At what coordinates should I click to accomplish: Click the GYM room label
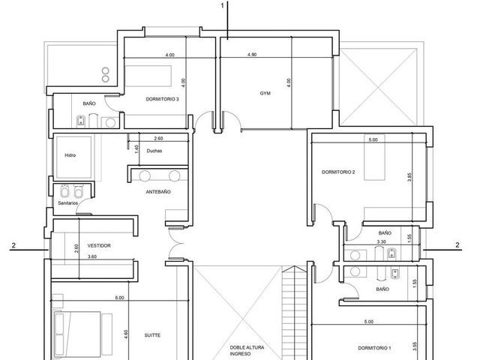[x=265, y=93]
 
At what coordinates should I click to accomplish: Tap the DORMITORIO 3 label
[x=162, y=99]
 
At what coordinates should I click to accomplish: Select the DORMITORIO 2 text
[x=338, y=172]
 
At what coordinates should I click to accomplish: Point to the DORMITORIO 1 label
[x=374, y=348]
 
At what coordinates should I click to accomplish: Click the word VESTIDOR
[x=99, y=246]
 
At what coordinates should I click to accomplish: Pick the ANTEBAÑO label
[x=158, y=192]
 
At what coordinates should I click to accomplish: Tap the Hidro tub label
[x=70, y=155]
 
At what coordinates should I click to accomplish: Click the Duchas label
[x=154, y=151]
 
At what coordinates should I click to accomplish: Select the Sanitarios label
[x=68, y=203]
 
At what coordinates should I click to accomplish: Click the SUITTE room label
[x=152, y=335]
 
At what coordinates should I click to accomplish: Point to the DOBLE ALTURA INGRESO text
[x=247, y=351]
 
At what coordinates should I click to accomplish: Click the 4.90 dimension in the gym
[x=252, y=55]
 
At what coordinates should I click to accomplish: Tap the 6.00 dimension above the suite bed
[x=119, y=298]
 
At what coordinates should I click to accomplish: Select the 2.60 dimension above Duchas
[x=158, y=138]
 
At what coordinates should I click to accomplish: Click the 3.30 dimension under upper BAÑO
[x=381, y=241]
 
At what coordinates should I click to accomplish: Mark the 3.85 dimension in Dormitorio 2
[x=409, y=178]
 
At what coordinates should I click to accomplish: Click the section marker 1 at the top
[x=223, y=5]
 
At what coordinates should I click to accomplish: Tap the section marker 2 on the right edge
[x=457, y=245]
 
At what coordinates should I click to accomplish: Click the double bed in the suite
[x=77, y=335]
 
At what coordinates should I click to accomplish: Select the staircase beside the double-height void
[x=294, y=313]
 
